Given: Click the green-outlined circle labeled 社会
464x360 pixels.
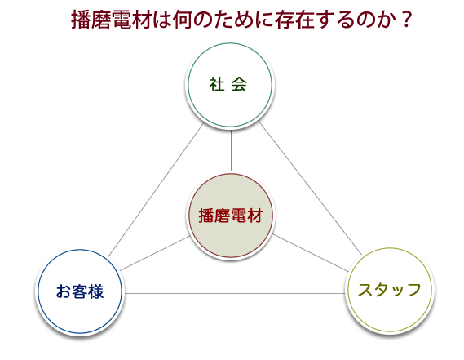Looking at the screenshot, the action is coord(230,85).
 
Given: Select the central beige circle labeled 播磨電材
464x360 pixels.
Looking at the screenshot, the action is coord(231,216).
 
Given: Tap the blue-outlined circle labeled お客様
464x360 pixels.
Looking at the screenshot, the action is coord(80,291).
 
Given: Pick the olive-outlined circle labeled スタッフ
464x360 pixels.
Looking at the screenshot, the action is coord(390,290).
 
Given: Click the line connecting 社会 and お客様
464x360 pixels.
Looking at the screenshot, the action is coord(157,189).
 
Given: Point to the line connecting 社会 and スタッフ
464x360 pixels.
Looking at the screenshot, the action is coord(310,188).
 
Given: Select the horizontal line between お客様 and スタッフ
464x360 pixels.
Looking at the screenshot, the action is coord(235,293).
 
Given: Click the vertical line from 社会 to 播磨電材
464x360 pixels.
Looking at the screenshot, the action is coord(231,150).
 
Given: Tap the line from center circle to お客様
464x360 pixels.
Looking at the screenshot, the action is coord(155,253).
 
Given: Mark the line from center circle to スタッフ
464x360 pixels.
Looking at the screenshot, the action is coord(311,253).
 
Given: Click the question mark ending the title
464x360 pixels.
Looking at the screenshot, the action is coord(407,20).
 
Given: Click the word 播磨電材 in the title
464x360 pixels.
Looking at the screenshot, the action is coord(111,20).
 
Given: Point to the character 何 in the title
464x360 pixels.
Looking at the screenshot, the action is coord(183,20).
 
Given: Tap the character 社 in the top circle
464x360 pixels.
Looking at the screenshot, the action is coord(217,84).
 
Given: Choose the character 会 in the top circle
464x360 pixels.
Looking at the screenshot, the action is coord(239,84).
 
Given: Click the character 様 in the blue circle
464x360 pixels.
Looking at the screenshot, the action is coord(95,291).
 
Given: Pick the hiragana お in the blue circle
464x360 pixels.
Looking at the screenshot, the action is coord(64,291).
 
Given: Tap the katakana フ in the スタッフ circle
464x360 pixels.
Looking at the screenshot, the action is coord(413,290).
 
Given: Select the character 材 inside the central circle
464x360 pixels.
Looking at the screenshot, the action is coord(254,216).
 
